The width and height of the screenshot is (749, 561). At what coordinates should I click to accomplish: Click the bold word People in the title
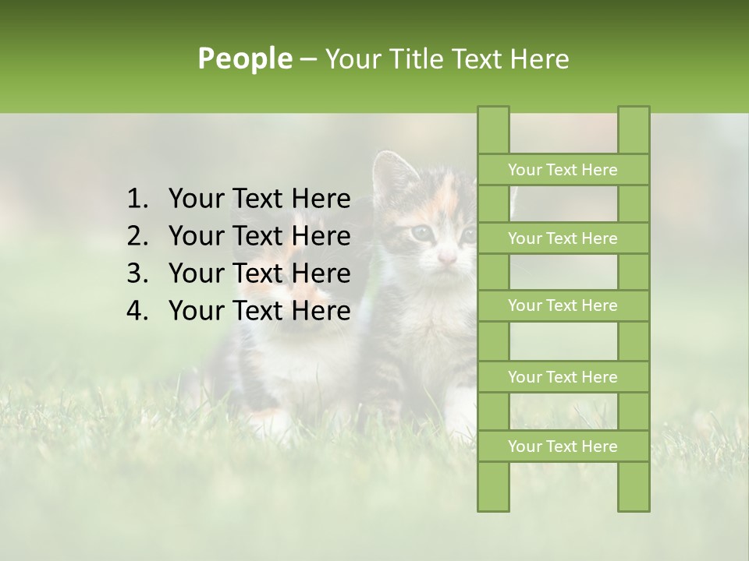tap(244, 59)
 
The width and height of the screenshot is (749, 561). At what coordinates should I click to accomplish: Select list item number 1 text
tap(259, 199)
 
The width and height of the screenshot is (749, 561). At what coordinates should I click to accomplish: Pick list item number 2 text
tap(259, 236)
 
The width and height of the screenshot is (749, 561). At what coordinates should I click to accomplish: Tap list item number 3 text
tap(259, 273)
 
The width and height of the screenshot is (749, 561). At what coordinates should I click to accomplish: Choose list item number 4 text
tap(259, 311)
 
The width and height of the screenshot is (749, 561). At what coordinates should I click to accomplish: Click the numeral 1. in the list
tap(137, 199)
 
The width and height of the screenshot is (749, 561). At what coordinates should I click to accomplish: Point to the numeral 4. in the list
tap(137, 311)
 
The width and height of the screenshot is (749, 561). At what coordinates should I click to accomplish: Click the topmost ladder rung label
tap(563, 170)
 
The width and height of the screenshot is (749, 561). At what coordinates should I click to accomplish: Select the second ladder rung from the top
tap(563, 238)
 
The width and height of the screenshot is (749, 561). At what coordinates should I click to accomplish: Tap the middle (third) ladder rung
tap(563, 306)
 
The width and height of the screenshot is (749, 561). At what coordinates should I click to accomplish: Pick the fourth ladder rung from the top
tap(563, 377)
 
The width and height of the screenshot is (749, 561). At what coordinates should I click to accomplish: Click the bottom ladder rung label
tap(563, 446)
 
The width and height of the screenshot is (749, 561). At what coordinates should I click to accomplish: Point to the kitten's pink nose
tap(447, 258)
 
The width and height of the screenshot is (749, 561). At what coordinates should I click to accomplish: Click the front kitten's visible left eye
tap(422, 231)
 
